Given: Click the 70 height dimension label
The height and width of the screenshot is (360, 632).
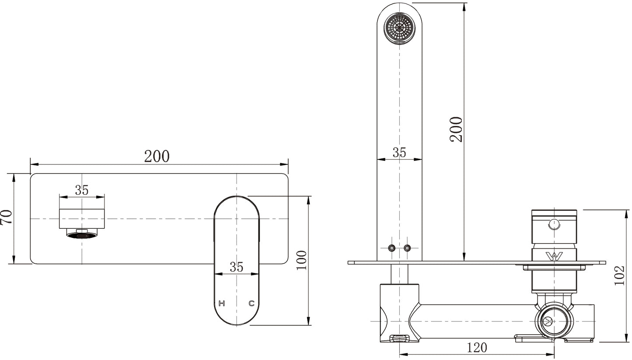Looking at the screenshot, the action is [6, 217].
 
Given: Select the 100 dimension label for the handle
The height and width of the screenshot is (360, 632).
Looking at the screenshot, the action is [302, 260].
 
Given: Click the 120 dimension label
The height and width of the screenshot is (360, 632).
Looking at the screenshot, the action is [477, 348].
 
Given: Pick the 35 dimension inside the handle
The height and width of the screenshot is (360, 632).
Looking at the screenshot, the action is [237, 267].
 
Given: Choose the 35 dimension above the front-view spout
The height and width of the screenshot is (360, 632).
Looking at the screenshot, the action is [82, 190].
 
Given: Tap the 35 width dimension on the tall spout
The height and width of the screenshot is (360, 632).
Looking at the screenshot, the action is [399, 153].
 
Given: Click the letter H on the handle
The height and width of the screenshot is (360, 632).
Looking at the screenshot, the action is [222, 304].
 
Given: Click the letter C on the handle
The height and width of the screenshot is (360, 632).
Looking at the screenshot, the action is [251, 304].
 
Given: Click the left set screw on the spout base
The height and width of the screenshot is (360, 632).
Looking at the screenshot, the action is [391, 248].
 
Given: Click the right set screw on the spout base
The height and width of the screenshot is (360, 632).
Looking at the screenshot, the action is [407, 248].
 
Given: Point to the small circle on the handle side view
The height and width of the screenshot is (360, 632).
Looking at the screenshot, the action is [554, 224].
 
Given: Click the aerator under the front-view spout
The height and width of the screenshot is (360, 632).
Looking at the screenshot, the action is [82, 234].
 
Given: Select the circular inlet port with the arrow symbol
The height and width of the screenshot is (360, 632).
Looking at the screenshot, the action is [554, 322].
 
